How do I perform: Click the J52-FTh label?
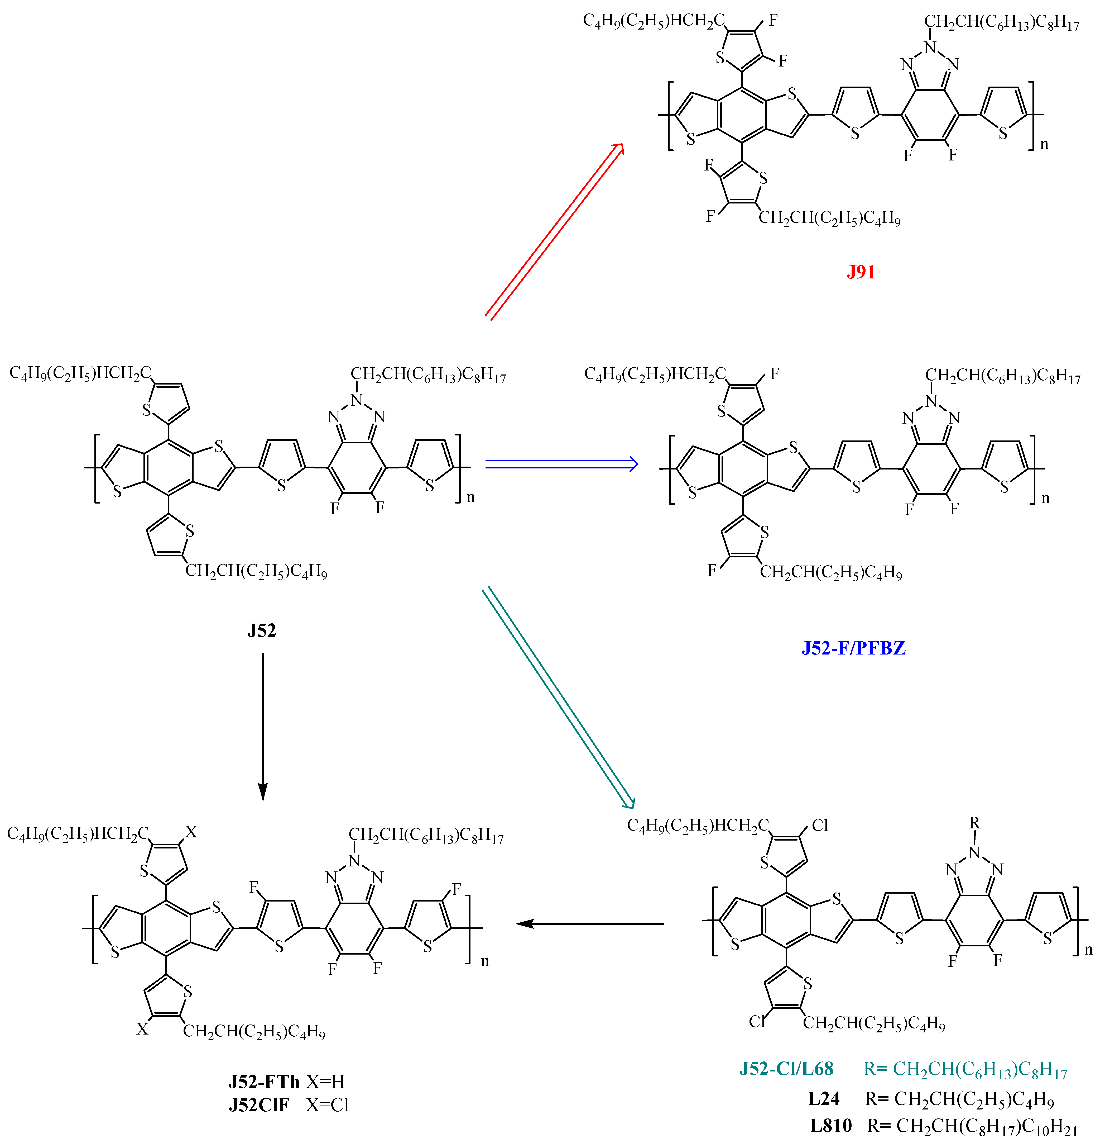pyautogui.click(x=263, y=1082)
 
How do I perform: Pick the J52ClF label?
pyautogui.click(x=259, y=1105)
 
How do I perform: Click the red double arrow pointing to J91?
pyautogui.click(x=554, y=230)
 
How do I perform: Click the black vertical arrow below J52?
pyautogui.click(x=263, y=726)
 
